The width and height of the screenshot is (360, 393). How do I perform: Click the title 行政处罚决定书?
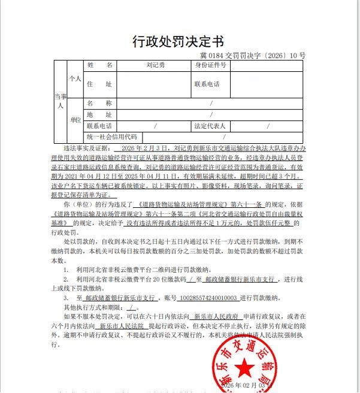[x=178, y=41]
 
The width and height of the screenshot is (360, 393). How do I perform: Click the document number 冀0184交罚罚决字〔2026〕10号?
[x=253, y=56]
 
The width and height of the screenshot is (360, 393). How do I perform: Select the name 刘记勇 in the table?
[x=155, y=65]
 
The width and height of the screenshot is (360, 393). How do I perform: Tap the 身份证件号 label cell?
[x=211, y=65]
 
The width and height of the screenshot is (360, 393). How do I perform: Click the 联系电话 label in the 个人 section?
[x=207, y=84]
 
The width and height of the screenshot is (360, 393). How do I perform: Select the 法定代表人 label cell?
[x=210, y=126]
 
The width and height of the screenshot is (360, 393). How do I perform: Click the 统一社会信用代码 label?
[x=111, y=137]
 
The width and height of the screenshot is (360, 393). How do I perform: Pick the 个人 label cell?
[x=75, y=78]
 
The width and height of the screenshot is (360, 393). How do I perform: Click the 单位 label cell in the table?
[x=75, y=120]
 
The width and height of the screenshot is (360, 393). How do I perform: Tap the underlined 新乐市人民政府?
[x=216, y=316]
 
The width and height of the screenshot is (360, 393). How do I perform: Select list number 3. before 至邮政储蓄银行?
[x=66, y=298]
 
